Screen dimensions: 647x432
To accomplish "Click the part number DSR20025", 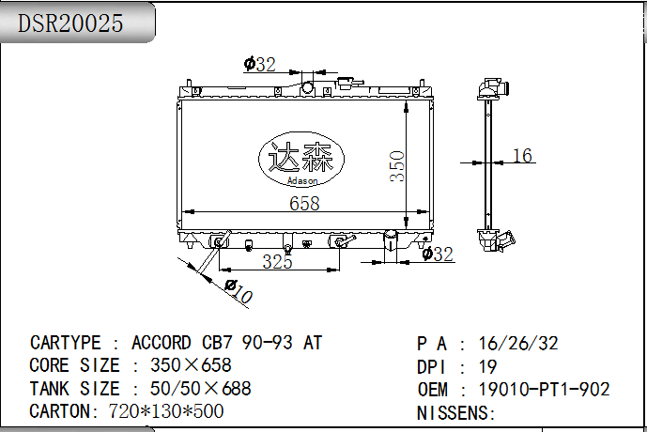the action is pos(70,23).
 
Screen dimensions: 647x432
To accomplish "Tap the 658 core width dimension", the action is pos(304,203).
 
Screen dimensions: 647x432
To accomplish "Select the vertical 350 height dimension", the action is pos(397,166).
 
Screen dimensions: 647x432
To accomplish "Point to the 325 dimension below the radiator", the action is pos(277,262).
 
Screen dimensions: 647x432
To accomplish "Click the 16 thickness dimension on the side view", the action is pos(522,156).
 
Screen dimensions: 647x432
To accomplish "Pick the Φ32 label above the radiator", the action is pos(259,64).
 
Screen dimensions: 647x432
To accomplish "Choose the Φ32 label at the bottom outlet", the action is pos(438,254).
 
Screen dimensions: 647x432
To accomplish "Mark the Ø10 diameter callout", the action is pos(239,291).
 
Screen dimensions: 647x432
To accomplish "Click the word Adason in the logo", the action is pos(302,180).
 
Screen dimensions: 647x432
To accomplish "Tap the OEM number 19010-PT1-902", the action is pos(544,389).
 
